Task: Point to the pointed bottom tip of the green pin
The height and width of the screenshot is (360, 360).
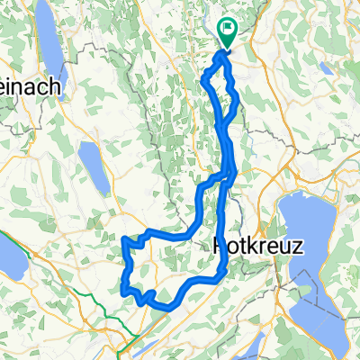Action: [225, 48]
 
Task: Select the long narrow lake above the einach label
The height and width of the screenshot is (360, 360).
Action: [52, 54]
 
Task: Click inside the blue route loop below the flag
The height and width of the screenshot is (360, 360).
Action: [220, 99]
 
